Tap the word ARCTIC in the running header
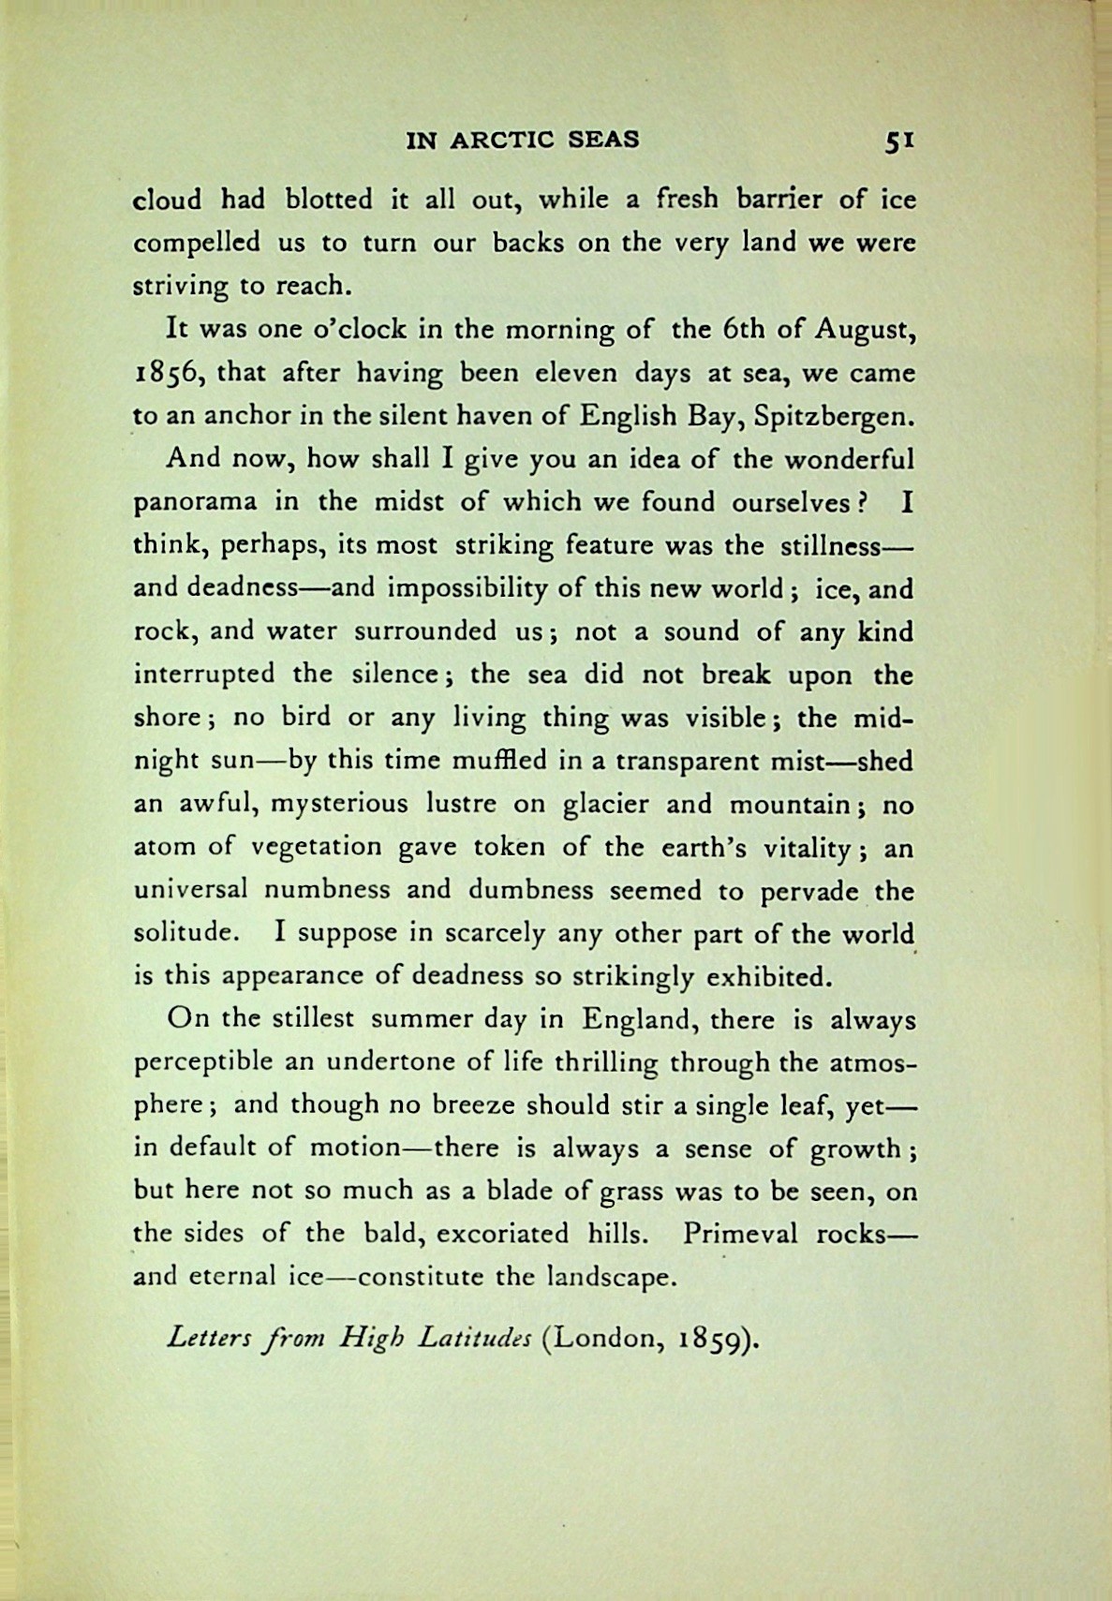(502, 140)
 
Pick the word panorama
(195, 502)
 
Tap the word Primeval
(740, 1233)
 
